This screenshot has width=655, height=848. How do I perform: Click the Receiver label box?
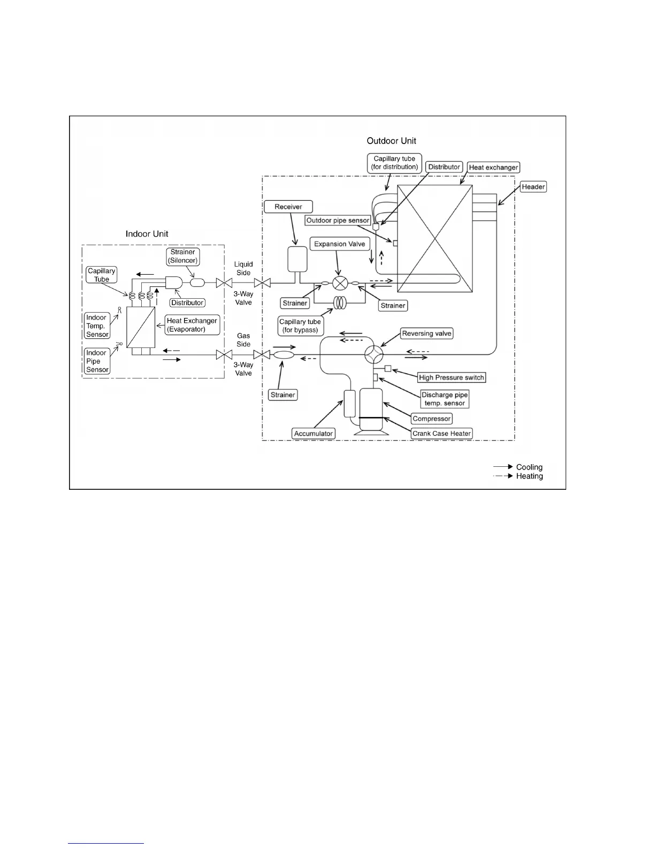[x=288, y=207]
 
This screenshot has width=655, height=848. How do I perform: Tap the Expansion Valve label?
[x=339, y=244]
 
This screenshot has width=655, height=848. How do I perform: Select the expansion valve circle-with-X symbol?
[x=340, y=283]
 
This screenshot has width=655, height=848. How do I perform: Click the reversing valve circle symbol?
[x=374, y=354]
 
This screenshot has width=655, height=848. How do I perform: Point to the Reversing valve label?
[x=426, y=334]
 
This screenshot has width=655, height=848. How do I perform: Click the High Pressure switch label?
[x=451, y=377]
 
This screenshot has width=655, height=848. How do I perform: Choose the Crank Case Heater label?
[x=441, y=434]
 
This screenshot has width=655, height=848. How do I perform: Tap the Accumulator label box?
[x=314, y=434]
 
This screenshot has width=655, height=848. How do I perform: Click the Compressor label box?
[x=432, y=419]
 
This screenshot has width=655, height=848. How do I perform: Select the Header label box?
[x=533, y=187]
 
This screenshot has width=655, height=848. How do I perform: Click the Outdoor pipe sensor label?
[x=338, y=221]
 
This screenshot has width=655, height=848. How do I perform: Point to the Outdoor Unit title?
[x=391, y=141]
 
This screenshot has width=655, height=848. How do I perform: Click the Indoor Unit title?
[x=147, y=234]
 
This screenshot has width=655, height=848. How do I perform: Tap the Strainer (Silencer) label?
[x=183, y=256]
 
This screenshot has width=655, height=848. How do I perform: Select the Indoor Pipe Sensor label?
[x=97, y=361]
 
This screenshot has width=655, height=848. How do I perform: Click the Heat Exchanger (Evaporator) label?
[x=192, y=325]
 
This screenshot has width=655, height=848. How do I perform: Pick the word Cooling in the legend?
[x=529, y=467]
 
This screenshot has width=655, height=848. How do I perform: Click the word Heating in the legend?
[x=529, y=476]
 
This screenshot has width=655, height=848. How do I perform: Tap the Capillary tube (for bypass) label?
[x=300, y=326]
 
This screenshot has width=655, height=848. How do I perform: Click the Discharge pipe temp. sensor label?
[x=445, y=399]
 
